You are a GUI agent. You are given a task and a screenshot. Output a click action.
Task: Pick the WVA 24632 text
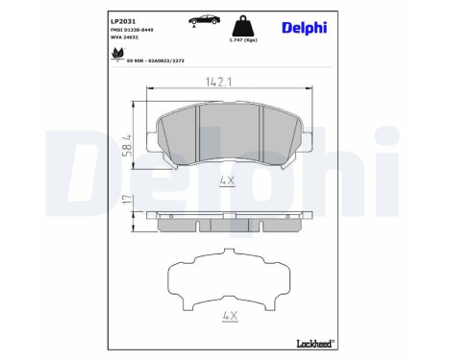pos(127,37)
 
